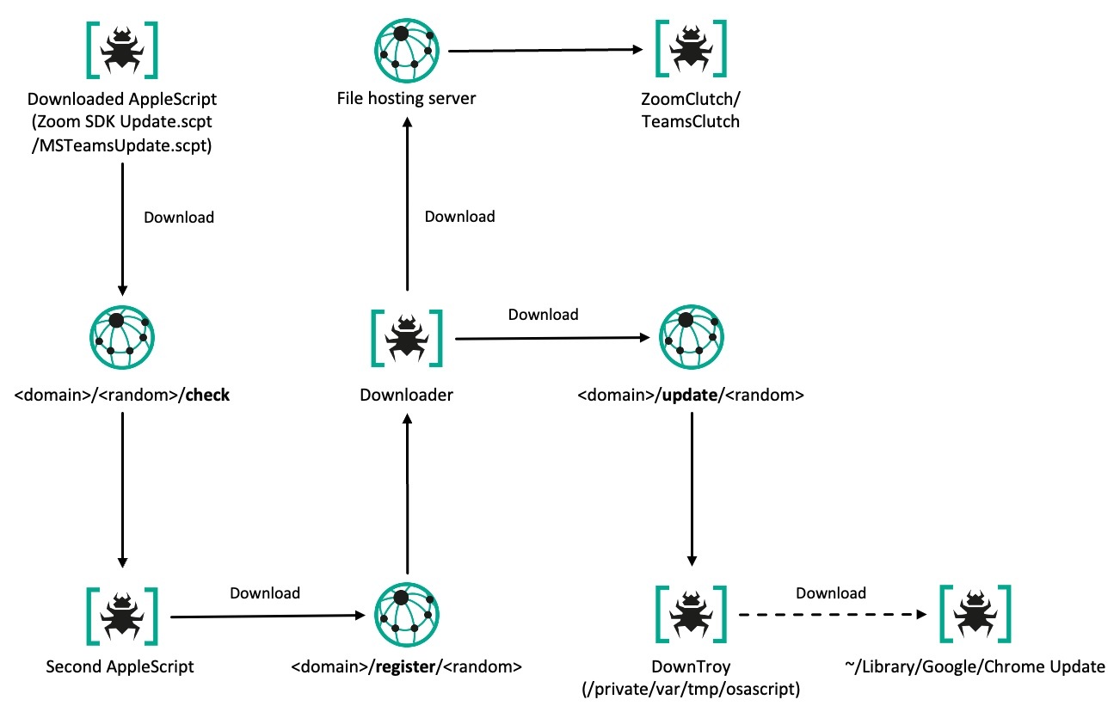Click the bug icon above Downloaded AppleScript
click(x=121, y=49)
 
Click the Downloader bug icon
click(x=406, y=337)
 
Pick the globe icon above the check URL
click(x=121, y=338)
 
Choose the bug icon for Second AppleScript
click(x=121, y=616)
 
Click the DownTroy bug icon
click(x=690, y=616)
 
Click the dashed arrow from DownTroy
click(x=828, y=616)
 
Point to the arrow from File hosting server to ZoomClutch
click(x=546, y=50)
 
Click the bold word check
click(x=206, y=396)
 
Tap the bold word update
click(x=685, y=396)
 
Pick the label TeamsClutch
click(x=690, y=121)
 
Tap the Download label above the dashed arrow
click(x=830, y=592)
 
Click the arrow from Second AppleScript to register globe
click(x=264, y=616)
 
